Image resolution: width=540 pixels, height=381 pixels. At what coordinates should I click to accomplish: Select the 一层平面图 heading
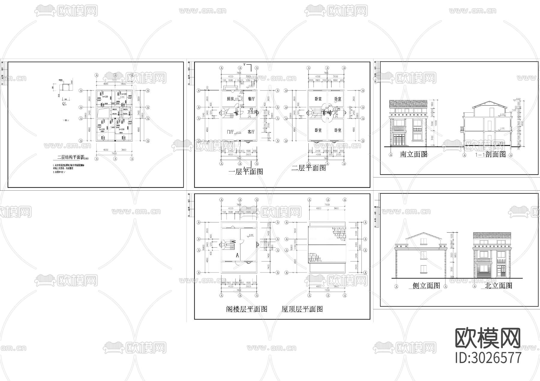[246, 171]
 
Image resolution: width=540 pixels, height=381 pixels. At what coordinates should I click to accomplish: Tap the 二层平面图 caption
[309, 168]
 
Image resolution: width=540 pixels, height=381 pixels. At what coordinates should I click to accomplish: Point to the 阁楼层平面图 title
[247, 309]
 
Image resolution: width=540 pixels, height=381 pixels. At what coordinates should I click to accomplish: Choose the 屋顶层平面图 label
[302, 309]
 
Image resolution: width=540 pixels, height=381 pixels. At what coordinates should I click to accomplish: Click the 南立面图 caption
[414, 154]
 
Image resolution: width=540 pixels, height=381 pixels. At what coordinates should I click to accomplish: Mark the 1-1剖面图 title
[490, 154]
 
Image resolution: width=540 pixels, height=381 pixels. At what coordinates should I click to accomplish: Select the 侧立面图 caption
[426, 286]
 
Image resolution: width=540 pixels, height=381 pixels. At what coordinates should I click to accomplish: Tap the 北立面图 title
[498, 286]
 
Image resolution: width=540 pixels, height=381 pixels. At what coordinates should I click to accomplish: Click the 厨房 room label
[230, 99]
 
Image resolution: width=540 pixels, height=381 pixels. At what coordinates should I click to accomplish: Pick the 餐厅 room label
[251, 99]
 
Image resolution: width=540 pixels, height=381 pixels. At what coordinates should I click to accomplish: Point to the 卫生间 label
[252, 112]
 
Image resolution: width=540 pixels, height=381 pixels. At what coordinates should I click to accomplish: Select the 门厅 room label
[230, 132]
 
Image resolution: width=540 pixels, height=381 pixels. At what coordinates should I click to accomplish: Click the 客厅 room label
[251, 132]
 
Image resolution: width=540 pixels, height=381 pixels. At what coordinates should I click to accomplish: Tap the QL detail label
[64, 104]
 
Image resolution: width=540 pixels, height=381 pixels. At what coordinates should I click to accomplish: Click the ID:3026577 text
[488, 358]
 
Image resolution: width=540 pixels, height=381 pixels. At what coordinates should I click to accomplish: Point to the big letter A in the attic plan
[237, 255]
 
